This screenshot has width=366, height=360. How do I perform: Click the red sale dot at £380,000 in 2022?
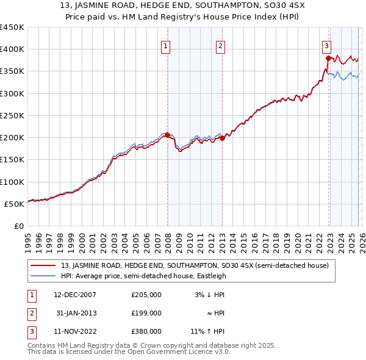pos(328,59)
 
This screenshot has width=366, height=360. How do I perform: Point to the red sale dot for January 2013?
pos(222,138)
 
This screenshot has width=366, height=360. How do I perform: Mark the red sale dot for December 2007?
pos(167,135)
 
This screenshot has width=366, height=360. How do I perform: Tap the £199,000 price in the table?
pos(146,312)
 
